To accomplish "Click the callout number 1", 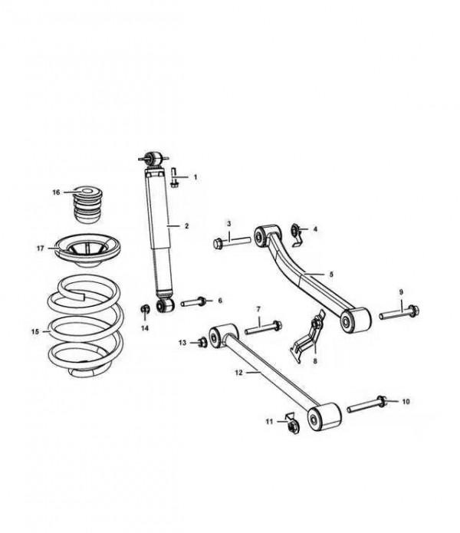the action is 195,177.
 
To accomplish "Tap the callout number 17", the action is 41,248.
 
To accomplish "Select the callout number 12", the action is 239,373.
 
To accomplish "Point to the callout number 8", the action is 315,361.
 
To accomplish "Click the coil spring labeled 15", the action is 84,327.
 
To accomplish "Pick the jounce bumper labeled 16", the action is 88,204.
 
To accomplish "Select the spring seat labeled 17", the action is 88,251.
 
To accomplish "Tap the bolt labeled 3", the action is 232,242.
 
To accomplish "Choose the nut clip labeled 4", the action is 296,235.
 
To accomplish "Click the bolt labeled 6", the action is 193,301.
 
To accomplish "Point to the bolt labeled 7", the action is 263,327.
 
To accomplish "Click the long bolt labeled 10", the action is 366,404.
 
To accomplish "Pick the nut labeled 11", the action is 292,424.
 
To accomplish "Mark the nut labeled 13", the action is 202,342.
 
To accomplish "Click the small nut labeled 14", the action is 146,309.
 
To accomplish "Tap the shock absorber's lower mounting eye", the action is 165,304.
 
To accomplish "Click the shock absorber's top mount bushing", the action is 153,159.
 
